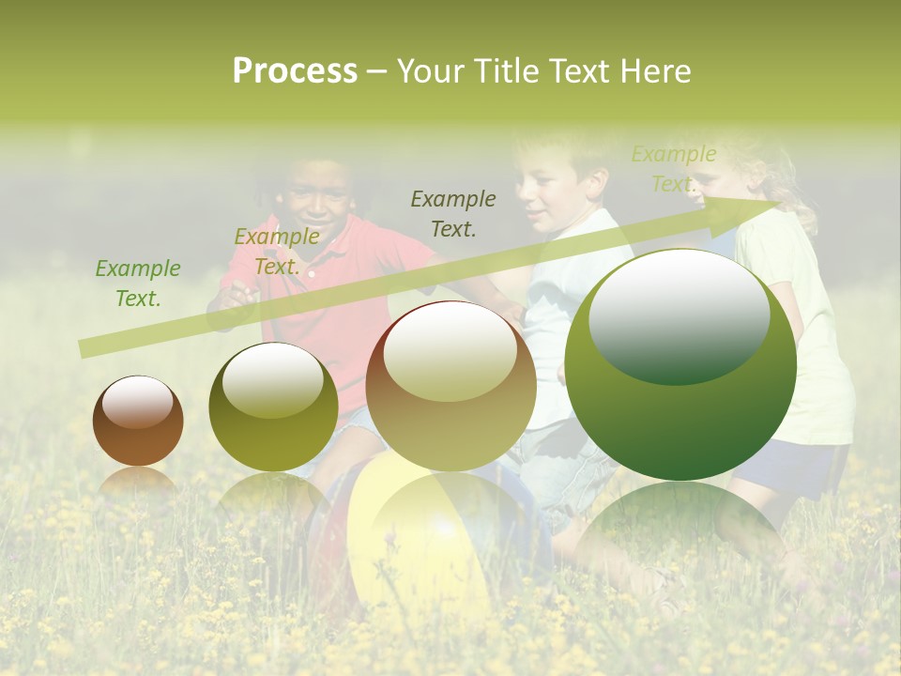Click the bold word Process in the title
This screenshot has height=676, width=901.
295,70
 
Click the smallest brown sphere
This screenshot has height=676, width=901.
138,422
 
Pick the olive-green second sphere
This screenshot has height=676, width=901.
273,407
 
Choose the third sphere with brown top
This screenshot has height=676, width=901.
451,386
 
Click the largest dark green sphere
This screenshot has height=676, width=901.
680,365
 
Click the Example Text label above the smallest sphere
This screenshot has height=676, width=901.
138,284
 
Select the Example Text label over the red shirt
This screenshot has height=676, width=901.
277,252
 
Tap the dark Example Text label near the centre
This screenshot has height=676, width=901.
453,213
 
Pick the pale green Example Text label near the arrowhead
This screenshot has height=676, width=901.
673,169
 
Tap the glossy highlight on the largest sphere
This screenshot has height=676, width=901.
679,315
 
